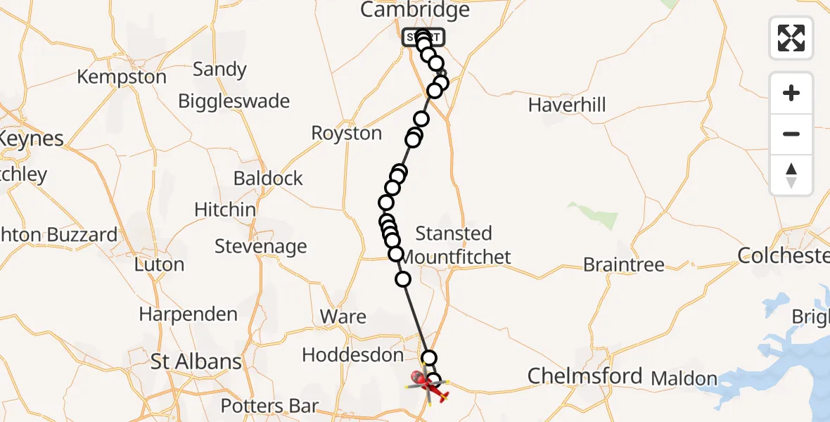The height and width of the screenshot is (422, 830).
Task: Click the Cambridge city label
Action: (x=414, y=10)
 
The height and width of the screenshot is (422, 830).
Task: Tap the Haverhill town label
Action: (x=566, y=105)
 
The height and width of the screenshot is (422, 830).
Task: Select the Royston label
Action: (x=346, y=134)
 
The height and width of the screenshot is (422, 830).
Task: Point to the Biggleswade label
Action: (x=234, y=101)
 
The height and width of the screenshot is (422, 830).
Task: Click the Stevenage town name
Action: (x=260, y=247)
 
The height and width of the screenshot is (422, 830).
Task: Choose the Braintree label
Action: (x=623, y=265)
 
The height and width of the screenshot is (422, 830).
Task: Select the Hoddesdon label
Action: (x=352, y=355)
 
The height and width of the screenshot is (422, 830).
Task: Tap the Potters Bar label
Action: (x=269, y=406)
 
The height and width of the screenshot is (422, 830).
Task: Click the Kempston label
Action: (x=122, y=77)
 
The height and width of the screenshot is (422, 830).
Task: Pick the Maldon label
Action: (x=684, y=378)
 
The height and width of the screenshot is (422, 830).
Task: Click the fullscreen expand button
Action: (x=791, y=37)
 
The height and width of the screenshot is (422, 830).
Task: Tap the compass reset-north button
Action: (x=791, y=175)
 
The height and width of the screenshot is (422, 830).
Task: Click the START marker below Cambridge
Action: (x=423, y=37)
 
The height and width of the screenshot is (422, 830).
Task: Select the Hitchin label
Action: (x=225, y=210)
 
